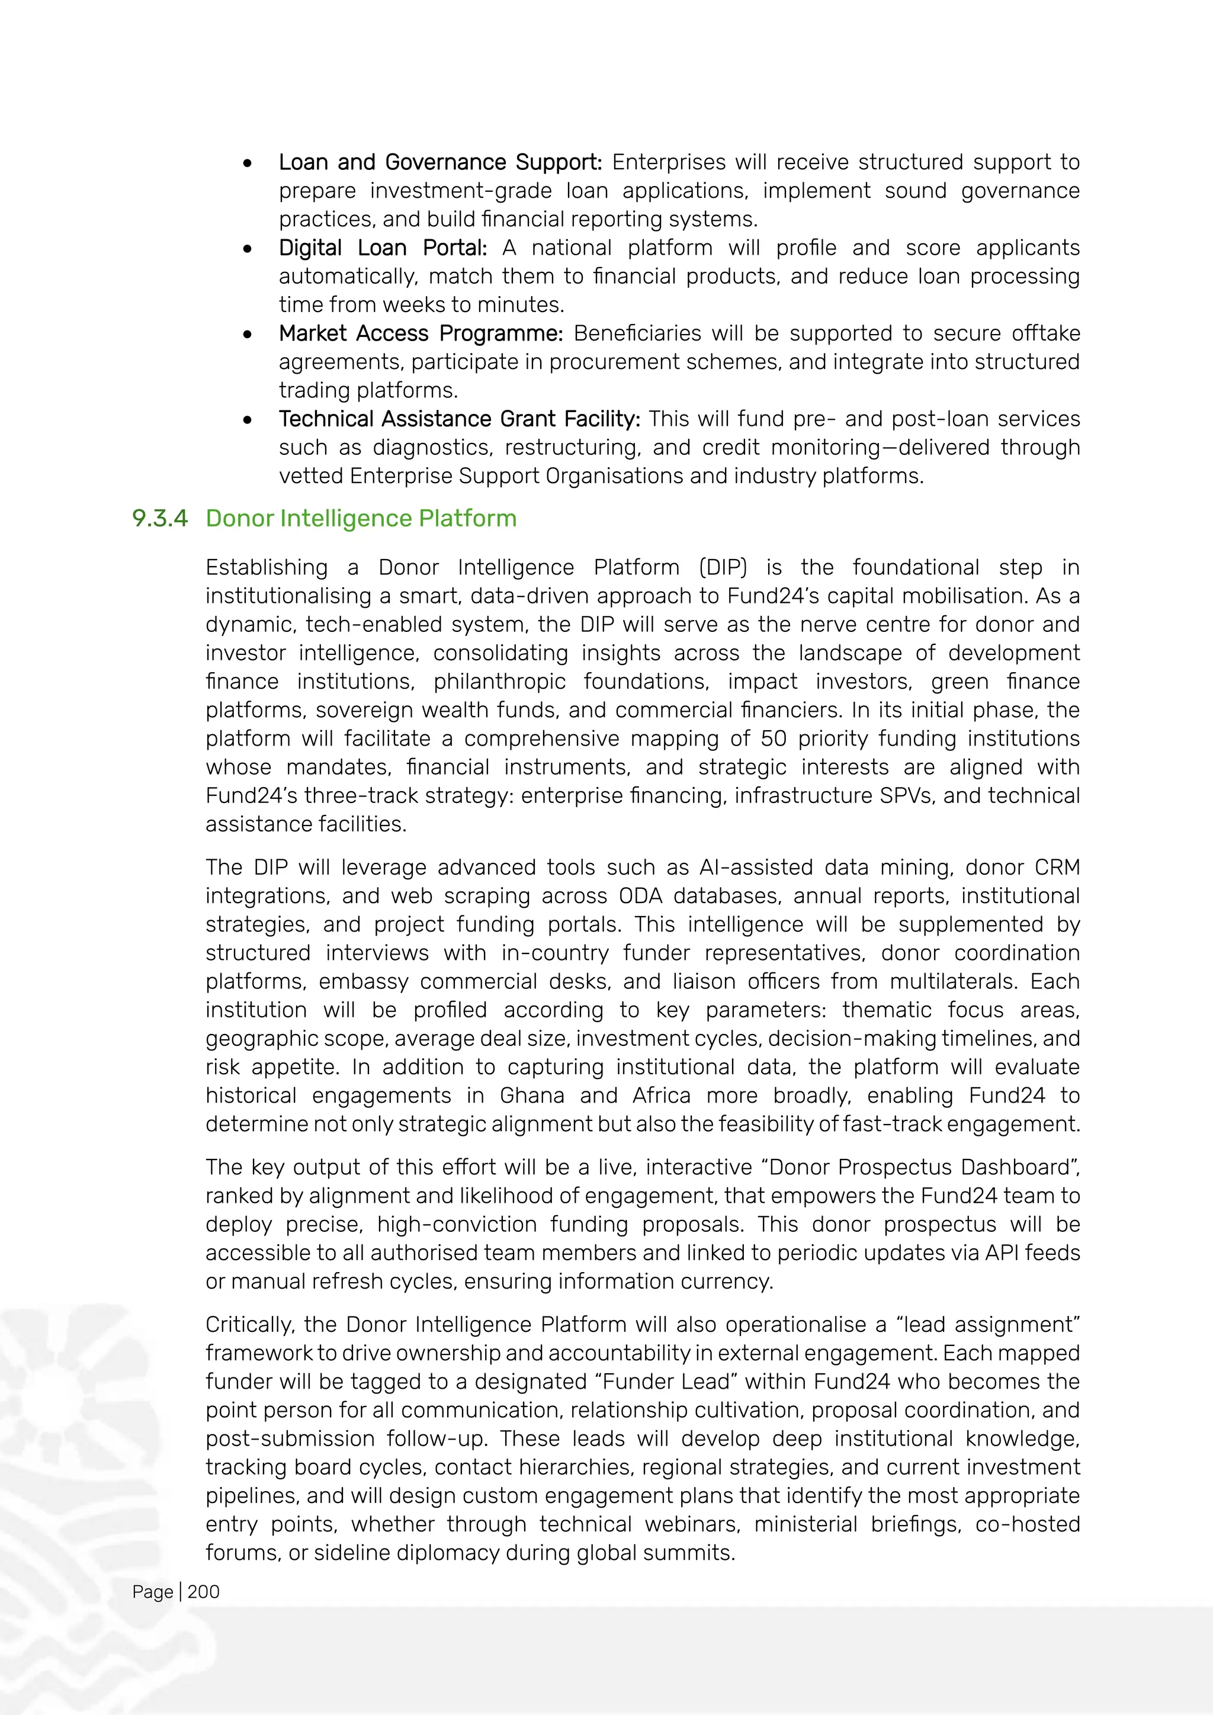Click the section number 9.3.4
159,518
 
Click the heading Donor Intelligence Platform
361,518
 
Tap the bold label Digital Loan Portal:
383,248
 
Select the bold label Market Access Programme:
421,333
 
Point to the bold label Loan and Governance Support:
440,162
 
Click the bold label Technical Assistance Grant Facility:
460,419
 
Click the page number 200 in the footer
203,1592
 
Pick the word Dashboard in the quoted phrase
1025,1167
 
